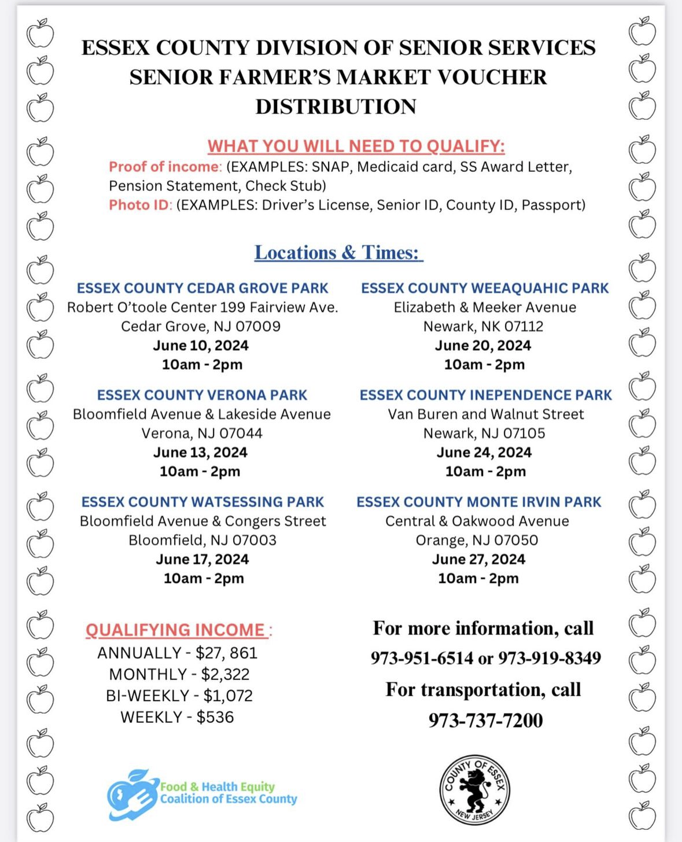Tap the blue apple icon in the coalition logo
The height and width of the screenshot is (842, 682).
coord(132,794)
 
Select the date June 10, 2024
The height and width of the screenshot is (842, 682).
coord(201,345)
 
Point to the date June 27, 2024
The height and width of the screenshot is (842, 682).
coord(478,559)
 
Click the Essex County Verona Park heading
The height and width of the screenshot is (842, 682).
coord(202,395)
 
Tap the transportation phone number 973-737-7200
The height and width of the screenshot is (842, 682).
coord(485,720)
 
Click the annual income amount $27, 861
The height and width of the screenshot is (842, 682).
coord(226,653)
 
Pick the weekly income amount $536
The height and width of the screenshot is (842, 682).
coord(215,718)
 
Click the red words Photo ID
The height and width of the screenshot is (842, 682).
coord(139,205)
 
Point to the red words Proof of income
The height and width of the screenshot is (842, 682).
coord(165,167)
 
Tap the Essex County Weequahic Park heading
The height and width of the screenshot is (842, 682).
coord(485,288)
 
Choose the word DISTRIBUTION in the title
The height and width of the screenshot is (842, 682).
coord(336,106)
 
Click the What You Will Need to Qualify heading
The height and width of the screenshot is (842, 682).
coord(356,146)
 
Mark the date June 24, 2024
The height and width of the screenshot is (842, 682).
coord(484,453)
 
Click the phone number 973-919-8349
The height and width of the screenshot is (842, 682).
coord(550,659)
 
